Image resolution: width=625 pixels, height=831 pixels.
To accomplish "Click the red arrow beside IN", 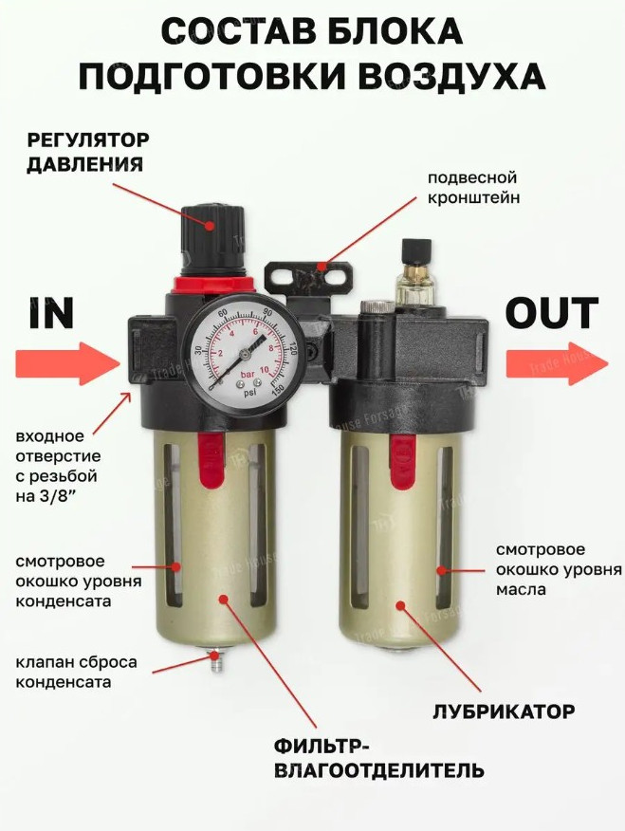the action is pyautogui.click(x=67, y=363).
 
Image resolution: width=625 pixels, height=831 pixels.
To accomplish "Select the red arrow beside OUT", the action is pyautogui.click(x=557, y=363).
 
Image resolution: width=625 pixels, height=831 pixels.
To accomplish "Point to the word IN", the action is pyautogui.click(x=51, y=313).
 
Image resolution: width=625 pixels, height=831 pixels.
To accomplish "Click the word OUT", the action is pyautogui.click(x=552, y=313).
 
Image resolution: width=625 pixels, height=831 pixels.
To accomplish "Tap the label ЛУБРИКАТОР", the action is pyautogui.click(x=504, y=711).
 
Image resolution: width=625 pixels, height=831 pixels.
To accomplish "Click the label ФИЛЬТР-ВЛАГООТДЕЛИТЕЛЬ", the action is pyautogui.click(x=378, y=758).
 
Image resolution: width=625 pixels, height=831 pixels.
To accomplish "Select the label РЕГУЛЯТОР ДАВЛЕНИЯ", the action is pyautogui.click(x=88, y=153).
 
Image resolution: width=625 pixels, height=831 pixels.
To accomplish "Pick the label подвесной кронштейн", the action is pyautogui.click(x=473, y=188).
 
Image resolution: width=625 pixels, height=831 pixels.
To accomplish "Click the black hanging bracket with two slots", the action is pyautogui.click(x=309, y=277).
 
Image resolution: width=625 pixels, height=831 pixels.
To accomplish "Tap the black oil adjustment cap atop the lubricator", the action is pyautogui.click(x=415, y=249).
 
